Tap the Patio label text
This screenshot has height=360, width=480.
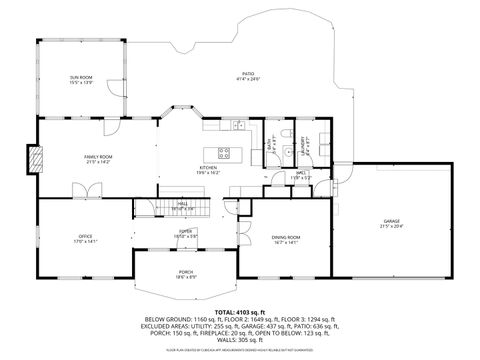(x=248, y=77)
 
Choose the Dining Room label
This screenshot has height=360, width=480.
(x=286, y=239)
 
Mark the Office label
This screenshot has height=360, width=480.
(x=85, y=239)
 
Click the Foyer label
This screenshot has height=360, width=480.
(x=185, y=234)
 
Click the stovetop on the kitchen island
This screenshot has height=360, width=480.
(x=224, y=153)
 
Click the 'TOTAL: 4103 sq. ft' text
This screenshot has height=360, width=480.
(x=239, y=311)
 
